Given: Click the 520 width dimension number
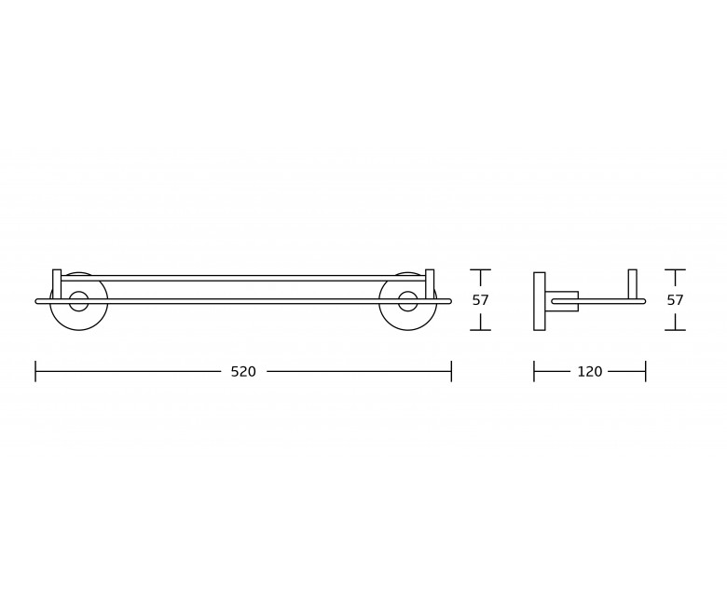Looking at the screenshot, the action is click(243, 371).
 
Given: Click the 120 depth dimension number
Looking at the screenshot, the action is click(589, 371).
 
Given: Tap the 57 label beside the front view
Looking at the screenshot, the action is click(480, 300).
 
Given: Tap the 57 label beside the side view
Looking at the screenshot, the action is click(675, 300).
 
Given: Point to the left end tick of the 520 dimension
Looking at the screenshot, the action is click(35, 371).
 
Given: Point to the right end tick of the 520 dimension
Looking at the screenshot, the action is click(451, 371).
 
